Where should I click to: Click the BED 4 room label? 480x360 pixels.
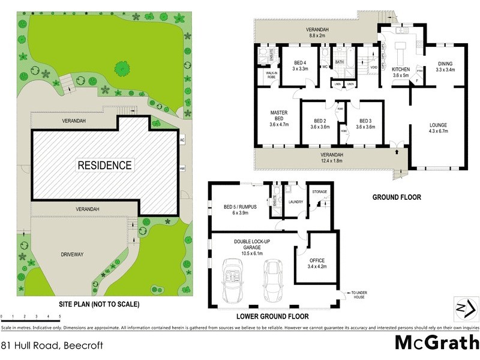coord(301,66)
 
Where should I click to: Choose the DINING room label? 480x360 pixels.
coord(445,67)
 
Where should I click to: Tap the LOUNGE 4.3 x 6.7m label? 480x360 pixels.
coord(438,128)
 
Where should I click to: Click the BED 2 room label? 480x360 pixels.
coord(321,124)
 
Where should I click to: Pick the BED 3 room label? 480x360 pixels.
coord(366,124)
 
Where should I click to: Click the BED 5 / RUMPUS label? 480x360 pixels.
coord(239,210)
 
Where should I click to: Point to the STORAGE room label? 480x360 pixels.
coord(319,192)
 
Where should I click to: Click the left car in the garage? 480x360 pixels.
coord(232,280)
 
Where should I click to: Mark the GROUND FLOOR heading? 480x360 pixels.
coord(397,197)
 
